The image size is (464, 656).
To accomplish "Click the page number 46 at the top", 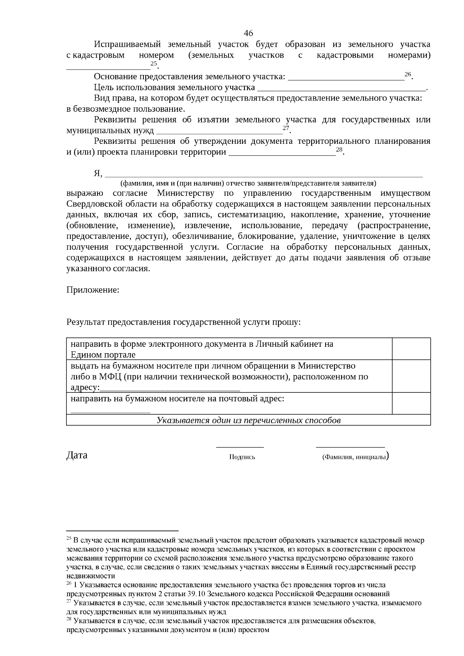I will click(249, 33).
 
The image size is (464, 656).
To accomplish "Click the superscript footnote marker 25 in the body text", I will click(154, 63).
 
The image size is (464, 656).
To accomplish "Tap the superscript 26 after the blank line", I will click(408, 74).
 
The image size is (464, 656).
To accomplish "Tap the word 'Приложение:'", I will click(93, 290).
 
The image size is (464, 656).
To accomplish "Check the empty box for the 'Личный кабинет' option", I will click(411, 349).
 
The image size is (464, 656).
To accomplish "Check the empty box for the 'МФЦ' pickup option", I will click(411, 376).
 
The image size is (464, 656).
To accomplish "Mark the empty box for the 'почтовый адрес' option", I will click(411, 403).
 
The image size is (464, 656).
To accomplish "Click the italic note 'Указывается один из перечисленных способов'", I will click(249, 420).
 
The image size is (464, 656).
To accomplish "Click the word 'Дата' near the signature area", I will click(77, 455).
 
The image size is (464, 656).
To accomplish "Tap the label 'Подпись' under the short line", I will click(242, 457).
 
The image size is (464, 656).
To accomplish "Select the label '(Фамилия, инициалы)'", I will click(355, 457).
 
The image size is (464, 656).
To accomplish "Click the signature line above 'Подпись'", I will click(240, 447).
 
